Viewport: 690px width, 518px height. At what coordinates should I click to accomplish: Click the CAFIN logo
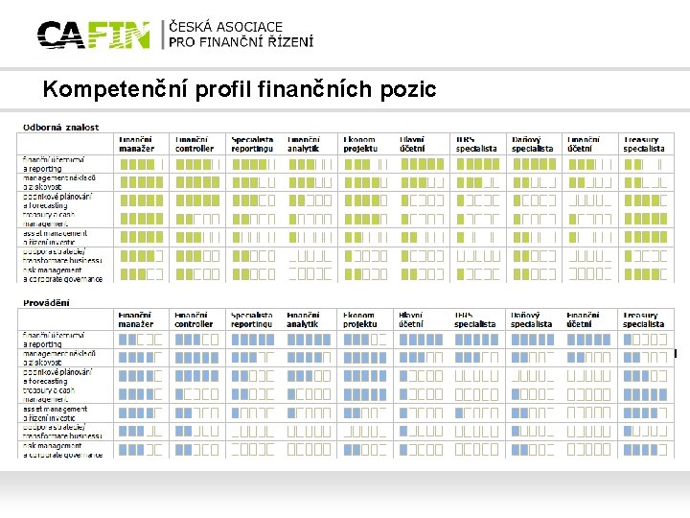(x=93, y=35)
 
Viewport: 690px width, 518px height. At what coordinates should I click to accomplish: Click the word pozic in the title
(x=410, y=90)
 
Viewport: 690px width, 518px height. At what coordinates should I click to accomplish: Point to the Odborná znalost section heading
(x=61, y=127)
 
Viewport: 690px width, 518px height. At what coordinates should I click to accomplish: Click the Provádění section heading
(x=46, y=302)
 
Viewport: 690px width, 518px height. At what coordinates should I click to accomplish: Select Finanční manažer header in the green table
(x=136, y=144)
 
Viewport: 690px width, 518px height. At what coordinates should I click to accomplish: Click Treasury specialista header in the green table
(x=643, y=144)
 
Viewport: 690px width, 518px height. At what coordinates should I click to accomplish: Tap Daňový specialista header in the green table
(x=532, y=144)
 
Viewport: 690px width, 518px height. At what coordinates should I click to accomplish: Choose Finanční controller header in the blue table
(x=193, y=319)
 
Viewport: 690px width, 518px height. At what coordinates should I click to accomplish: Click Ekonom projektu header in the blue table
(x=360, y=319)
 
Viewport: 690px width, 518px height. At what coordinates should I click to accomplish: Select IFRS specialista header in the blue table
(x=476, y=319)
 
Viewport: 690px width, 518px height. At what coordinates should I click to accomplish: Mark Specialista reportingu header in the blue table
(x=251, y=319)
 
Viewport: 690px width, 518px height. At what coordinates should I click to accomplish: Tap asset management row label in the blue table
(x=57, y=414)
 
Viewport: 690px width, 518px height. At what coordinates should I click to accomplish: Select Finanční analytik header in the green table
(x=305, y=144)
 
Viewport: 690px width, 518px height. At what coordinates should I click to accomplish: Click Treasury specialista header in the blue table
(x=643, y=319)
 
